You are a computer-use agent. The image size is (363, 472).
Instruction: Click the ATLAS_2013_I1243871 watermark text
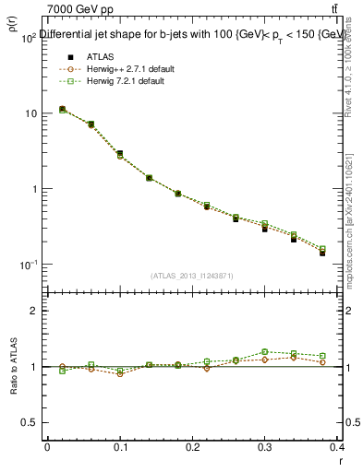[x=192, y=276]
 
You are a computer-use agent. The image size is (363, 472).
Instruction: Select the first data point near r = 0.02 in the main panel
[x=62, y=109]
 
